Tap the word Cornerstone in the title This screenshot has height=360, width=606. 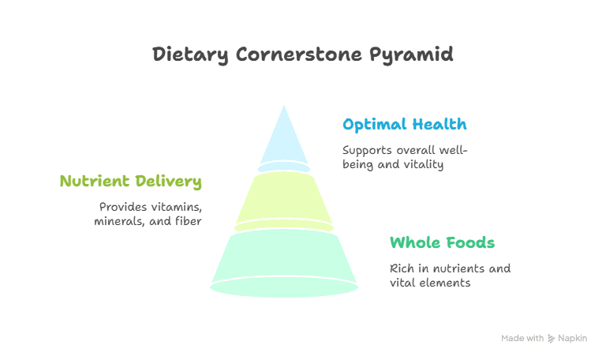[299, 54]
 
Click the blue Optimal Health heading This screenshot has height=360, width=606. [404, 125]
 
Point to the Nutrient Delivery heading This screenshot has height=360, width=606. [130, 182]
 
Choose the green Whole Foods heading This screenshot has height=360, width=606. [442, 242]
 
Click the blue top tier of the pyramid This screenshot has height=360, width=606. [283, 142]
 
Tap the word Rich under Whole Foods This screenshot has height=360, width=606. [402, 268]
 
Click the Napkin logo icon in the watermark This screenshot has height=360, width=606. [551, 339]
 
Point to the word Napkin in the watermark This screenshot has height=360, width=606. [574, 339]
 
